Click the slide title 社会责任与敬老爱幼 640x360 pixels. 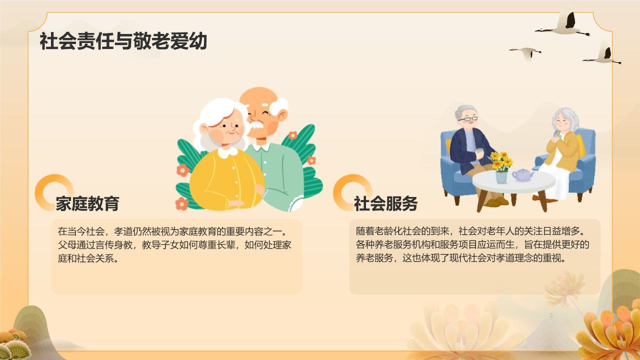pyautogui.click(x=123, y=41)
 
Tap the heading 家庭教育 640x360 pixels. pyautogui.click(x=87, y=203)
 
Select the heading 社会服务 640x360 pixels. pyautogui.click(x=385, y=203)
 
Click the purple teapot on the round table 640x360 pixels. pyautogui.click(x=522, y=175)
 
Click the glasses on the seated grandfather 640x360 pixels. pyautogui.click(x=468, y=119)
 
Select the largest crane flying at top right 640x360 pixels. pyautogui.click(x=565, y=25)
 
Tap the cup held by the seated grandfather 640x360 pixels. pyautogui.click(x=479, y=151)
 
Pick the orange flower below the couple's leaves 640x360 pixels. pyautogui.click(x=182, y=203)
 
